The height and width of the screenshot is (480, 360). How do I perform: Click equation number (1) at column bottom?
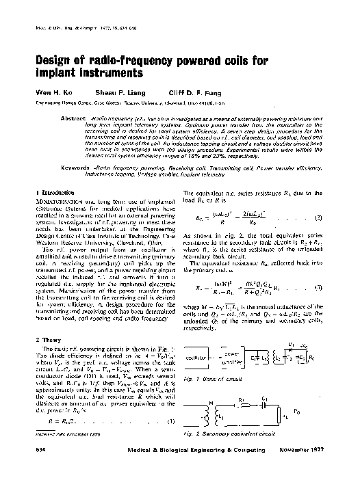point(171,420)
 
